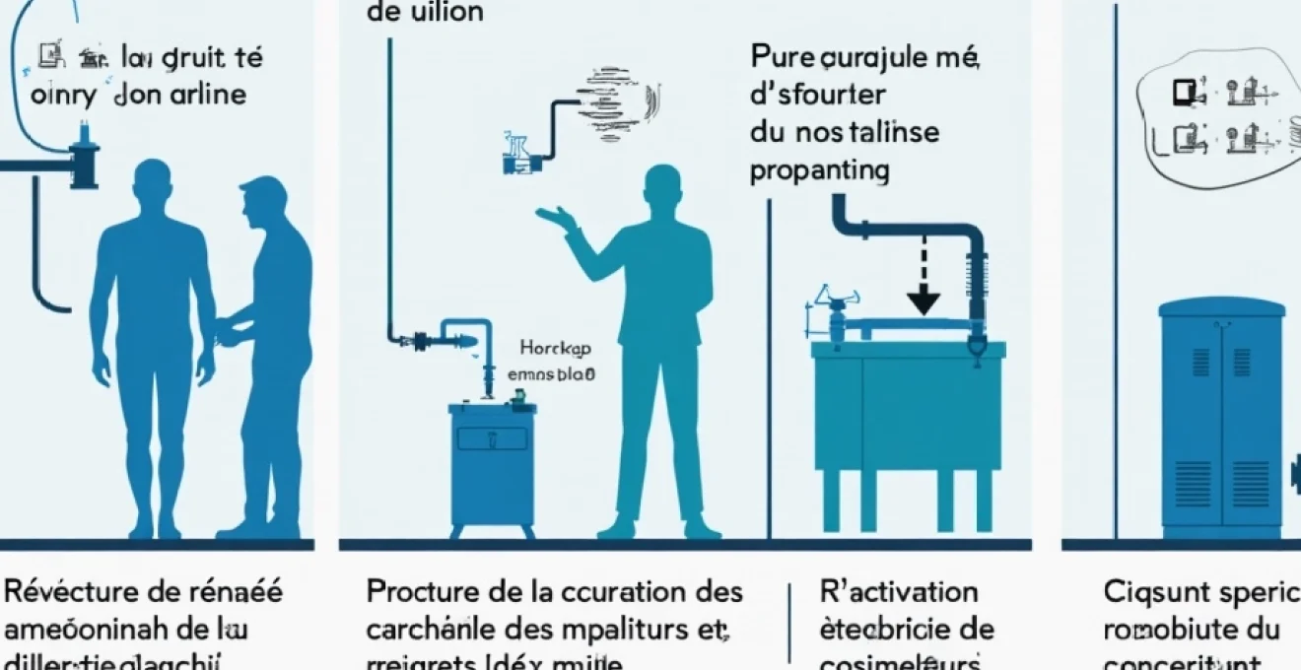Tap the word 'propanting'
pos(819,170)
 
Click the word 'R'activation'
pos(899,592)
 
